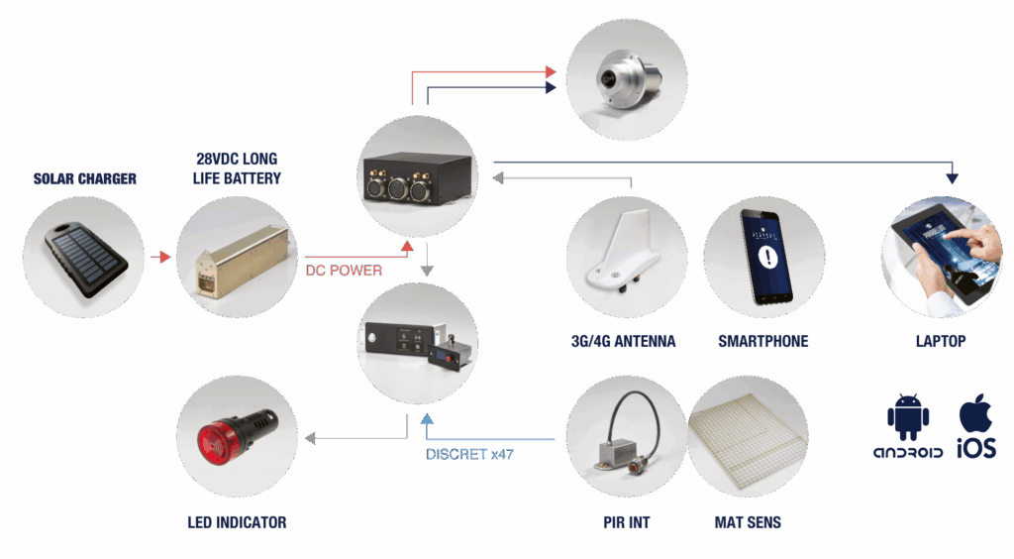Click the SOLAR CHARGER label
[85, 179]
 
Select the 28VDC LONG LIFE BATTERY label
[239, 168]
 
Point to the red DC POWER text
[344, 270]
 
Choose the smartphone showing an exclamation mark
[764, 255]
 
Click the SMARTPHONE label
[763, 341]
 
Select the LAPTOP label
[941, 341]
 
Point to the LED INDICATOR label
[237, 522]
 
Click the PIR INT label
[626, 522]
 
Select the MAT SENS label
[749, 522]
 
